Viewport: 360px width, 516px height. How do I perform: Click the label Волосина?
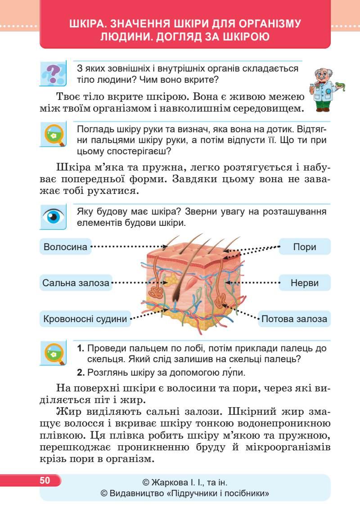coord(66,247)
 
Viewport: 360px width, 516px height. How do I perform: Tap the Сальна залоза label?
coord(76,283)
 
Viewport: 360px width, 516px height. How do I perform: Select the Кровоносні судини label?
coord(85,319)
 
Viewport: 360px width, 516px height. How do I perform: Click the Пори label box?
coord(305,247)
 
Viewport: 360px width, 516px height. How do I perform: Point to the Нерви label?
coord(305,283)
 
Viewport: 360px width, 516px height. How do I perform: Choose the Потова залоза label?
coord(294,319)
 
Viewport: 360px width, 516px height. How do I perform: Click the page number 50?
coord(45,480)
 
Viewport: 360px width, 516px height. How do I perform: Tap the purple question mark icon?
coord(53,73)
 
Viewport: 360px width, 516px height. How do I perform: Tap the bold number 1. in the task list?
coord(81,349)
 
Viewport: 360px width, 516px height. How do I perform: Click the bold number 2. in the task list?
coord(81,372)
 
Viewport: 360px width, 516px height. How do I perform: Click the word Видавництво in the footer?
coord(137,494)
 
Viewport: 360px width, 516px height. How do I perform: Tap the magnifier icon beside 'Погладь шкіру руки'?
coord(53,134)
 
